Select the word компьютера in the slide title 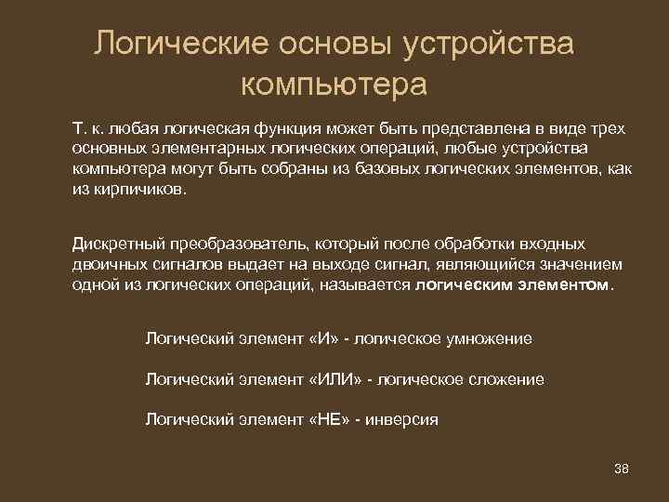point(334,86)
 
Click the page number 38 point(622,468)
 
